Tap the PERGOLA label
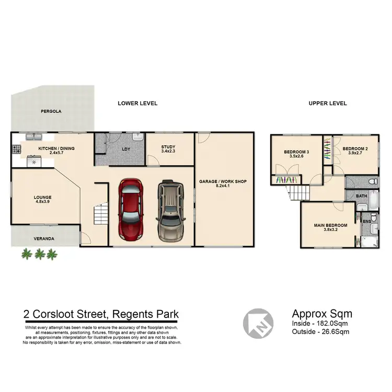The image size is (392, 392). (x=52, y=112)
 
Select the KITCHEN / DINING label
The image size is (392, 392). (x=56, y=148)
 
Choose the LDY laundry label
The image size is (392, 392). (x=126, y=149)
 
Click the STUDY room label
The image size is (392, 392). (x=168, y=147)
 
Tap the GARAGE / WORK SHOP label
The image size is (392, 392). (x=222, y=182)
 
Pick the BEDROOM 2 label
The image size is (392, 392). (x=355, y=148)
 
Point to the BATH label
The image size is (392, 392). (x=362, y=197)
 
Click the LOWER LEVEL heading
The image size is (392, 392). (x=137, y=103)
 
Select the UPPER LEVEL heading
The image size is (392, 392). (x=328, y=103)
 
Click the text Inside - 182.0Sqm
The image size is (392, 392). (x=320, y=324)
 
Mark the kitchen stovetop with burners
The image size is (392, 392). (x=16, y=149)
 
